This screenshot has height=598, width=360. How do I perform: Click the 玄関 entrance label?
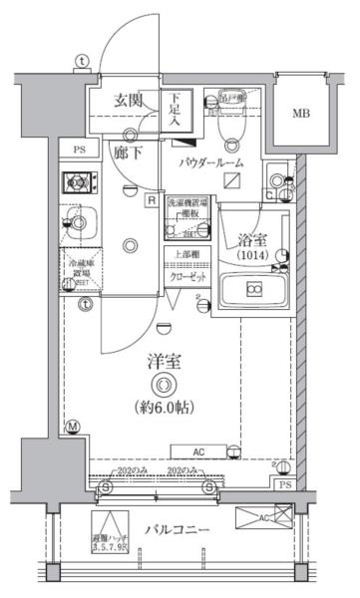pos(128,100)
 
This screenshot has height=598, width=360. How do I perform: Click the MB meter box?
pos(301,113)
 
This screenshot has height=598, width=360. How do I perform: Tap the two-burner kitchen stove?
pos(78,182)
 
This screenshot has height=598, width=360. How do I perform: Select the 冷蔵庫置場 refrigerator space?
pos(80,269)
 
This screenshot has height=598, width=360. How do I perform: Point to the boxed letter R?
pos(151,199)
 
